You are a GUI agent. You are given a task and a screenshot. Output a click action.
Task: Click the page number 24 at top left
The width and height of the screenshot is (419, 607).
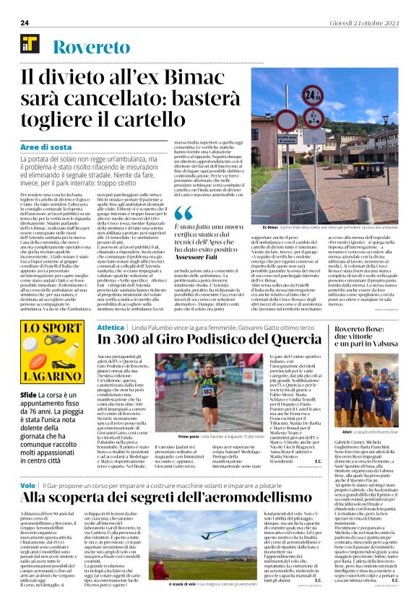click(x=25, y=23)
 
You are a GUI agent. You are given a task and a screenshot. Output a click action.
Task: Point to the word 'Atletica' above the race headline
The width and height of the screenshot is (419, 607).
click(x=111, y=327)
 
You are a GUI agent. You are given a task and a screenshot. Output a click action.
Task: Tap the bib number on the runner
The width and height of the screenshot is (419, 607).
click(x=186, y=390)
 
